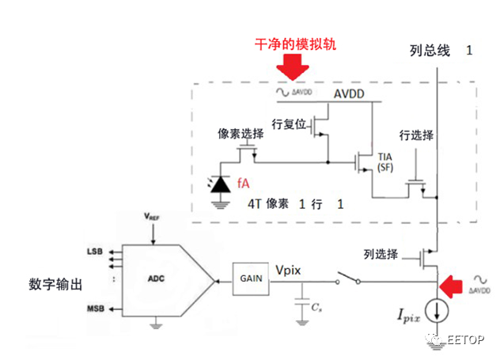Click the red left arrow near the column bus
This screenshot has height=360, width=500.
pyautogui.click(x=452, y=282)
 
